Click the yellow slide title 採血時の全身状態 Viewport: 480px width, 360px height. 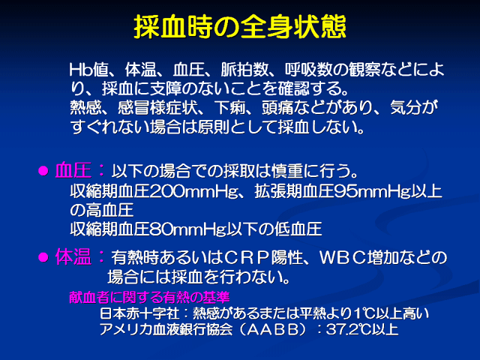pos(240,27)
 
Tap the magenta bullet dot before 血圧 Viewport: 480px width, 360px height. pos(43,171)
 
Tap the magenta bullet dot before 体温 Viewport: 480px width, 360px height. pos(43,257)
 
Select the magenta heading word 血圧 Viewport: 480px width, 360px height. pos(73,170)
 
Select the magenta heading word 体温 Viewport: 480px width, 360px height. pos(73,256)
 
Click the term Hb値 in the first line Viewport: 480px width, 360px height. pos(89,70)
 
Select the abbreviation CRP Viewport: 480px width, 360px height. pos(247,258)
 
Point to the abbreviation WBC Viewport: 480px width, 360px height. pos(343,258)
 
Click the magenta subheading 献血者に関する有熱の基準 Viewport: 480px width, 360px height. pos(149,297)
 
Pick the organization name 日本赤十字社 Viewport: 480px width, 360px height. pos(139,313)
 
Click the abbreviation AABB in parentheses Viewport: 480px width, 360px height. pos(272,329)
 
